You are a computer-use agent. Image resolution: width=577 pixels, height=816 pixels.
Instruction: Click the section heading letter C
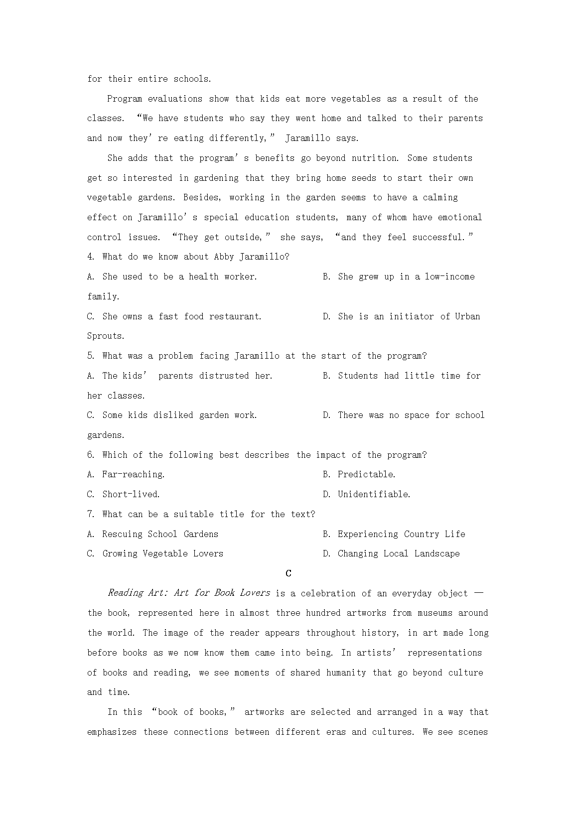click(x=288, y=573)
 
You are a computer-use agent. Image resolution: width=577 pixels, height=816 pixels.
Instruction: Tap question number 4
click(x=91, y=257)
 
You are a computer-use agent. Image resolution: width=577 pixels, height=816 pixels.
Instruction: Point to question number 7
click(x=91, y=514)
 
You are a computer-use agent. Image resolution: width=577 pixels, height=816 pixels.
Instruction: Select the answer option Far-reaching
click(x=133, y=475)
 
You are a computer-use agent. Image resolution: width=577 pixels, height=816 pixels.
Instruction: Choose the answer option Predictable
click(x=366, y=475)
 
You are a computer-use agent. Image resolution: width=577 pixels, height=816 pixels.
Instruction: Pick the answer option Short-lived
click(x=131, y=494)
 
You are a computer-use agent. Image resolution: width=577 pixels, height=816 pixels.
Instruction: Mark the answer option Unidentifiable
click(x=374, y=494)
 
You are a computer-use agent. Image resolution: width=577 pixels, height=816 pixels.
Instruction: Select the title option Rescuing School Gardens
click(x=160, y=534)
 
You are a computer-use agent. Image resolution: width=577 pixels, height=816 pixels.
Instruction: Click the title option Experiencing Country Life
click(x=401, y=534)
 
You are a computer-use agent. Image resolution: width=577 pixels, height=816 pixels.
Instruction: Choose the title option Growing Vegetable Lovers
click(x=162, y=553)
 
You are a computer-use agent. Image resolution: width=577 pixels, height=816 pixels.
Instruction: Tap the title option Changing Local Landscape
click(x=399, y=553)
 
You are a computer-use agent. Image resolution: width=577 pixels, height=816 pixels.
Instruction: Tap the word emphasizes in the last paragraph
click(x=113, y=732)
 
